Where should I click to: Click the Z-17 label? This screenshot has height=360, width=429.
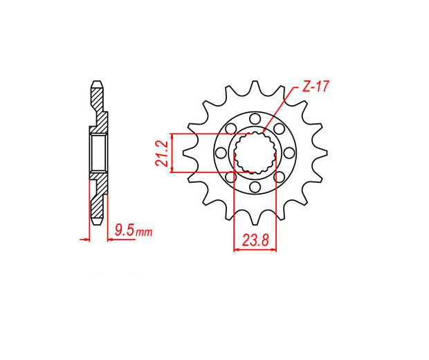[x=315, y=87]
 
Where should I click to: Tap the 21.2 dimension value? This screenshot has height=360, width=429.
[x=161, y=154]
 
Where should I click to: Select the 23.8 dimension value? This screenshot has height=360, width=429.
[x=255, y=241]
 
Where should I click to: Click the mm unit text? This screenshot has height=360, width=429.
[x=144, y=232]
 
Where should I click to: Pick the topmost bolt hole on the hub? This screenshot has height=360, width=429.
[x=255, y=119]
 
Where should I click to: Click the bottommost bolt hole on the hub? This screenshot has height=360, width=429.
[x=255, y=187]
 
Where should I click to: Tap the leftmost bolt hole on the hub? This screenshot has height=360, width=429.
[x=221, y=153]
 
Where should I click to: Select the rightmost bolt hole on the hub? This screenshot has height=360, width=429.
[x=289, y=153]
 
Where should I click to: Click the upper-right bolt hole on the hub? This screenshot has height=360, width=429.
[x=279, y=129]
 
